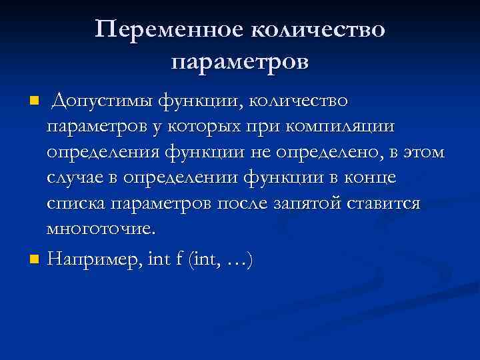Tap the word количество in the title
pos(317,30)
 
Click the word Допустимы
pos(101,101)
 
